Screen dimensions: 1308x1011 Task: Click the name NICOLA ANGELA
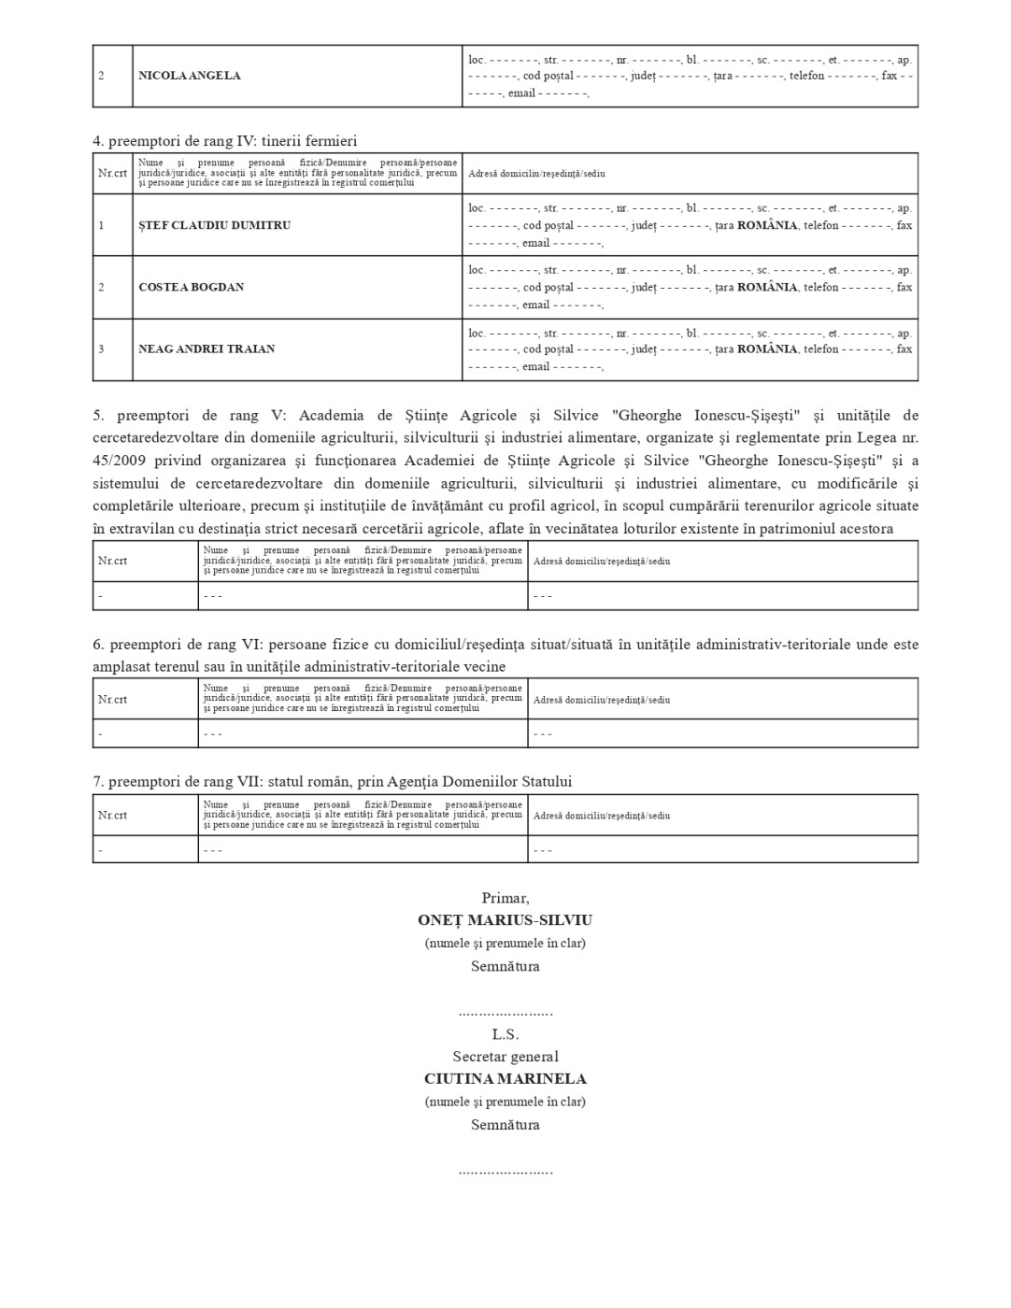coord(190,76)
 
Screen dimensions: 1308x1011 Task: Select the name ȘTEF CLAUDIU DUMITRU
coord(214,225)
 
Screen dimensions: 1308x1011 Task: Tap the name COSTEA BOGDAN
coord(191,287)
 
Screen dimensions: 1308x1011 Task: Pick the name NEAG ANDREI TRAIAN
coord(206,349)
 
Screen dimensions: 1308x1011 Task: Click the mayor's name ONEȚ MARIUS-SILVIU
coord(505,920)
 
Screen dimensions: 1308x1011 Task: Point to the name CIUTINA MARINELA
coord(505,1078)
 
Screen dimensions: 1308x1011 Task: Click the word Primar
coord(505,898)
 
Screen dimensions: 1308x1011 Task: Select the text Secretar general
coord(505,1057)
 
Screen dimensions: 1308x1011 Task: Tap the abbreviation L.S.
coord(505,1034)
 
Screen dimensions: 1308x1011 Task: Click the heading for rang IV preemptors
coord(224,141)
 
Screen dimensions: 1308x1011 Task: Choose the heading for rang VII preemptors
coord(332,781)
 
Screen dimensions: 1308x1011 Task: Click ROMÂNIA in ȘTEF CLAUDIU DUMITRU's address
coord(767,225)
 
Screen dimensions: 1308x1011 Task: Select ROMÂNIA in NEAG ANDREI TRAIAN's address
coord(767,349)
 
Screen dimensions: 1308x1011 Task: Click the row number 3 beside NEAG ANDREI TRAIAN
coord(102,349)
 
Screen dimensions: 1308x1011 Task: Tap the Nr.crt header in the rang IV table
coord(112,174)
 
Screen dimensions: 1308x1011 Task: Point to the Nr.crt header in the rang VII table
coord(112,816)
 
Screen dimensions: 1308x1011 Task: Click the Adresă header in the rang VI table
coord(602,700)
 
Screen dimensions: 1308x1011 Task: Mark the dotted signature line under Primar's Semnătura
coord(505,1013)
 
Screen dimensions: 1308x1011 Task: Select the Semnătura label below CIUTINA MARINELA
coord(505,1125)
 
